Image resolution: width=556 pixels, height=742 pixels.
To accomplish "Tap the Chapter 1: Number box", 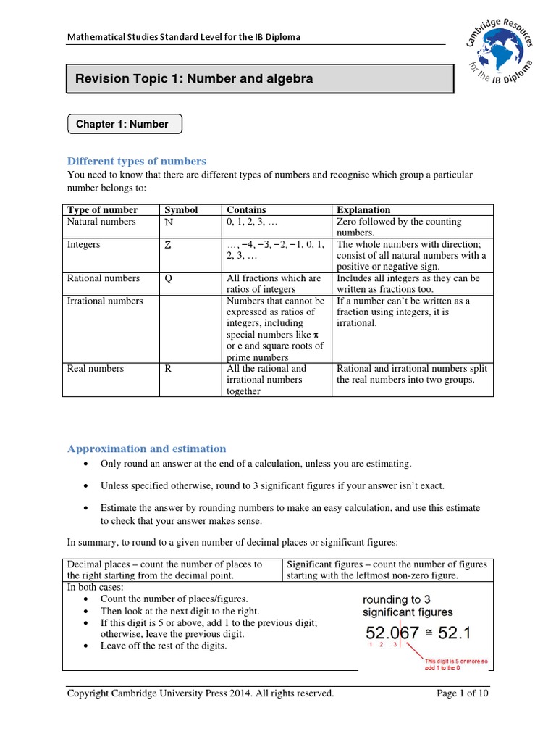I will click(122, 124).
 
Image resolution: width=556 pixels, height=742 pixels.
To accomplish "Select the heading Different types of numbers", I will click(137, 161).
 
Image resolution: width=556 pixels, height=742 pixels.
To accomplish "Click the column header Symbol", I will click(181, 209).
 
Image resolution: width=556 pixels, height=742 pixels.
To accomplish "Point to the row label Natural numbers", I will click(96, 222).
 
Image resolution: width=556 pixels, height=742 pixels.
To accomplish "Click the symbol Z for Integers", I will click(169, 245).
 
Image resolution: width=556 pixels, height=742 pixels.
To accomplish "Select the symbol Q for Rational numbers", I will click(169, 278).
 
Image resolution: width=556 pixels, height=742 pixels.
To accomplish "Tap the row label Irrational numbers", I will click(105, 301).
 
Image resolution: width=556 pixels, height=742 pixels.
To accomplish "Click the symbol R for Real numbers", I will click(169, 368).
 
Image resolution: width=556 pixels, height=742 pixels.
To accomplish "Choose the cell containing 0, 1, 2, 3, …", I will click(257, 222).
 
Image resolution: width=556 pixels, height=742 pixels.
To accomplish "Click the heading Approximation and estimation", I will click(147, 449).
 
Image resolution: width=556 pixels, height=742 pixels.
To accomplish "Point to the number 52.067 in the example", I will click(392, 633).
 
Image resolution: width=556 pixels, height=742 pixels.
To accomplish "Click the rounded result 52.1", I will click(455, 633).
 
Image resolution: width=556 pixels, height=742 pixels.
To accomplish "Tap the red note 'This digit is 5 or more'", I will click(456, 664).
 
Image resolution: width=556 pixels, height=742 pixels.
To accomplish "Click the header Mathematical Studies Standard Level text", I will click(184, 37).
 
